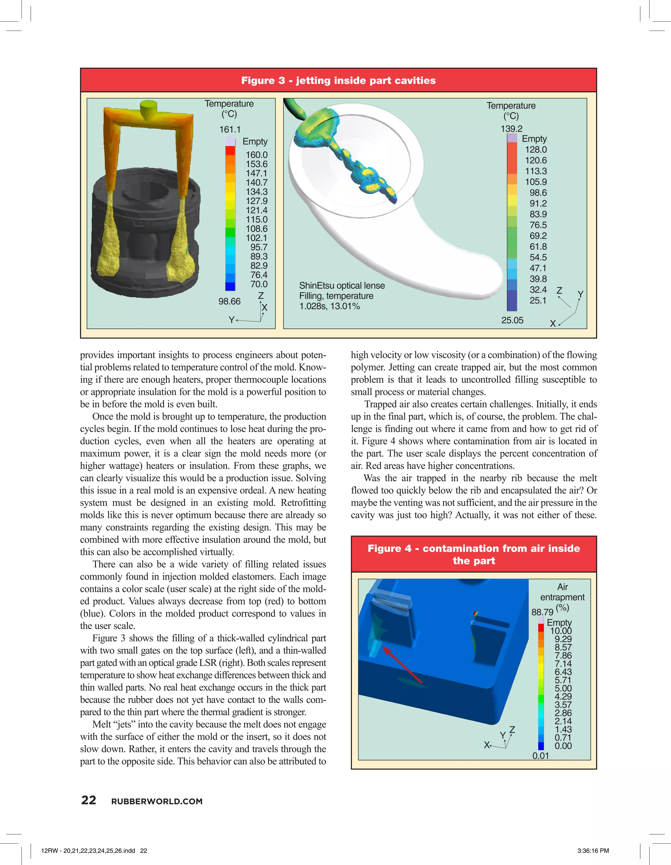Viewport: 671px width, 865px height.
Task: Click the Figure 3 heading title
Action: (x=338, y=80)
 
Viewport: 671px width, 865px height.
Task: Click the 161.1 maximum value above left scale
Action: (x=230, y=129)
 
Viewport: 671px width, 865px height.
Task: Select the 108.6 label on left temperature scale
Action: (x=257, y=228)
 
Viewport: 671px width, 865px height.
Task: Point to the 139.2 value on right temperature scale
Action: (x=511, y=129)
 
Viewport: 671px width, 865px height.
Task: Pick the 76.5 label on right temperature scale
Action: (x=538, y=225)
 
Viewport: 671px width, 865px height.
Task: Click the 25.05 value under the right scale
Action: (x=512, y=320)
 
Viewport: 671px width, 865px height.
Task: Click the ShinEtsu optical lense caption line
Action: (x=342, y=285)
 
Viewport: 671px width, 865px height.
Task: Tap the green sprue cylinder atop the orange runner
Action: (x=148, y=109)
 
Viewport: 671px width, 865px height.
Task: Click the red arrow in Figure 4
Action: (x=402, y=665)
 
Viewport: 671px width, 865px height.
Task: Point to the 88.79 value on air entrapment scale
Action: (x=542, y=612)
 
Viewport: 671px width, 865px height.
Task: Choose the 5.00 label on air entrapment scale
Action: (x=563, y=688)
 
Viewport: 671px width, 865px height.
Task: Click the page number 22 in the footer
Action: (x=89, y=800)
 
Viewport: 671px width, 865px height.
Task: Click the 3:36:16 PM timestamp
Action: (x=593, y=850)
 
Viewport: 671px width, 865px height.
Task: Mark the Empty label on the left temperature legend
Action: (x=255, y=141)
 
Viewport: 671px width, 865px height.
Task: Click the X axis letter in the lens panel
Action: (x=553, y=324)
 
